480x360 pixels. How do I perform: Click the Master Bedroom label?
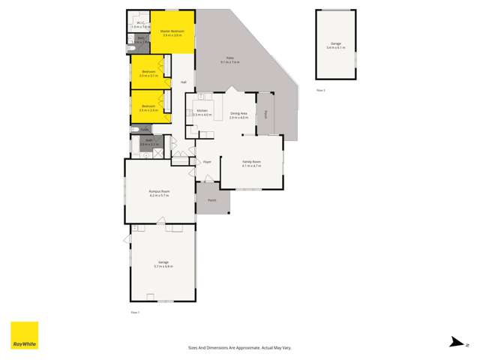[172, 30]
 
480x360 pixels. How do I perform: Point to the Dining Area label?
[238, 115]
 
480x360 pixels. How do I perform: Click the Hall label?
[183, 82]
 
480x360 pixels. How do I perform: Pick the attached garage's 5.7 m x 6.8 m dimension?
[163, 266]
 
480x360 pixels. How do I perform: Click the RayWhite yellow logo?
[24, 336]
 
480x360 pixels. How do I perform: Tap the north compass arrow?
[455, 343]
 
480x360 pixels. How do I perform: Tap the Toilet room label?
[145, 130]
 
